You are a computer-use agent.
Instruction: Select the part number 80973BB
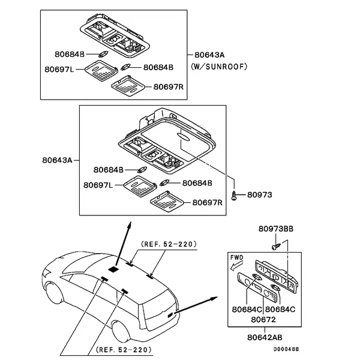point(276,229)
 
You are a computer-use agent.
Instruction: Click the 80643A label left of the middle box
point(57,160)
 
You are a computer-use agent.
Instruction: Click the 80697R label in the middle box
point(207,203)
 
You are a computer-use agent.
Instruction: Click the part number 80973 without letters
point(259,194)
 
